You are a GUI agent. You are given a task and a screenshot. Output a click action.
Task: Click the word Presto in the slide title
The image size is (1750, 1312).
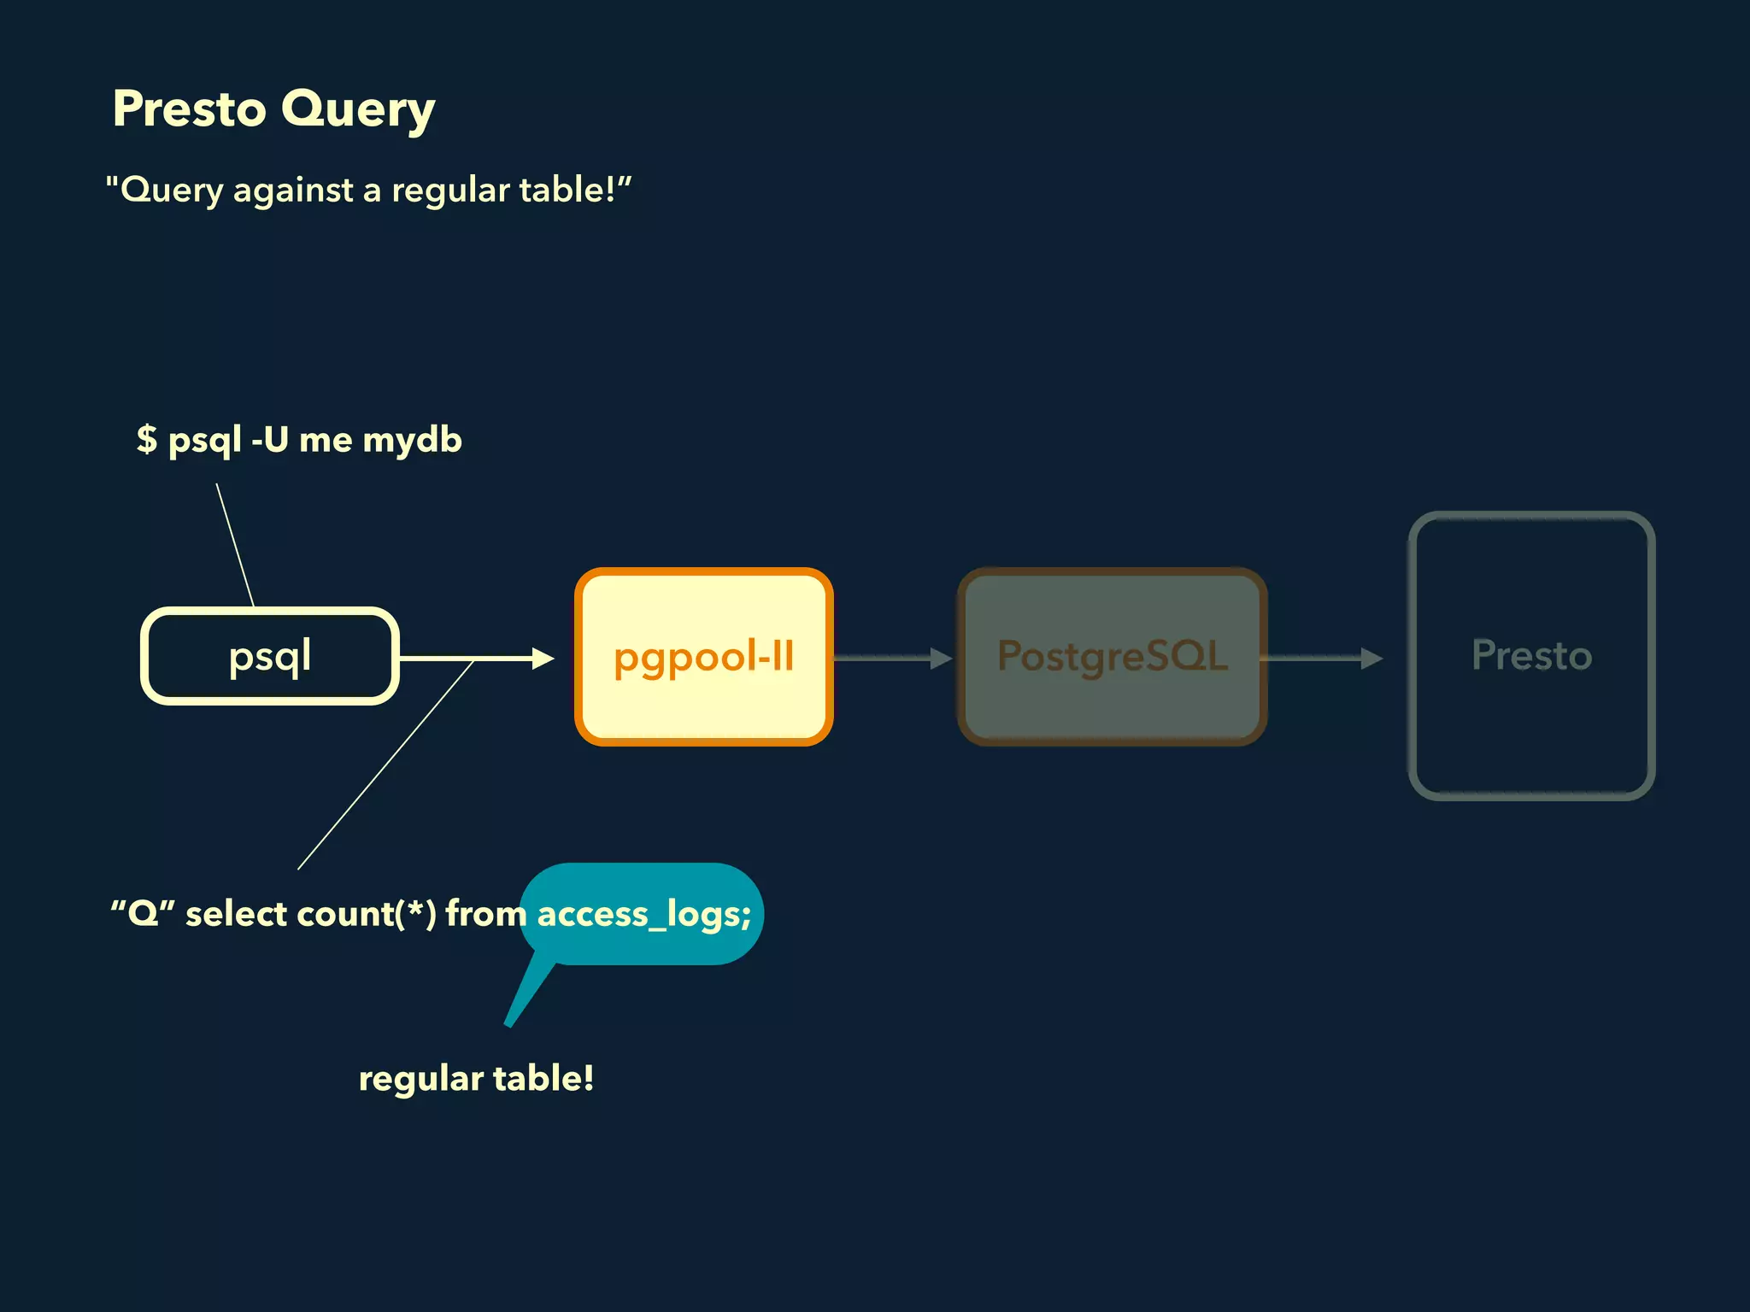189,109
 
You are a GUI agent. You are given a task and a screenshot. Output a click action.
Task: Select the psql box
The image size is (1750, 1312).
269,656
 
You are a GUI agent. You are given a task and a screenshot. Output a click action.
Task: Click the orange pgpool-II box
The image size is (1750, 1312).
703,656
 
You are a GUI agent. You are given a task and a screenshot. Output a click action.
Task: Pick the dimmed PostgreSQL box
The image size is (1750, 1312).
1112,656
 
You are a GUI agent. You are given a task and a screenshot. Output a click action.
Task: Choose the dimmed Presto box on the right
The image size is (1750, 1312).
1531,656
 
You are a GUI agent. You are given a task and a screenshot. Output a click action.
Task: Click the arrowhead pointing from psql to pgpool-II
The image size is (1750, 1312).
542,658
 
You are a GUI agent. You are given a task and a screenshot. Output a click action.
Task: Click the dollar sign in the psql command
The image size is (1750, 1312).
147,439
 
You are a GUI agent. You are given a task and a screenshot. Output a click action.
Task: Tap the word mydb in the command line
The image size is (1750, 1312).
412,441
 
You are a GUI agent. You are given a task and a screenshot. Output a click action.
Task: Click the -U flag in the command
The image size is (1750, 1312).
269,439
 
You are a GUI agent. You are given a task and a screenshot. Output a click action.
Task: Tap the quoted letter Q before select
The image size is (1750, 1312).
143,913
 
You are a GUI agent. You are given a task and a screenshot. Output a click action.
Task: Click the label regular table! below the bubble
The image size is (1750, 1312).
476,1078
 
